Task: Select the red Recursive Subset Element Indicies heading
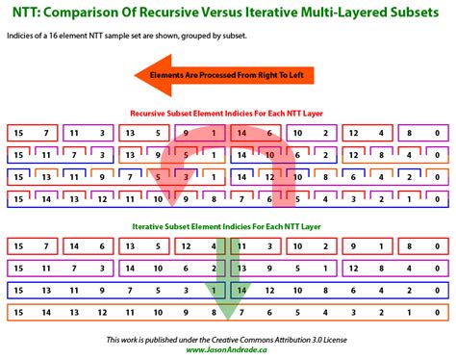(x=228, y=114)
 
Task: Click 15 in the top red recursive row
(x=17, y=133)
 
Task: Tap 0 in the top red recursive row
(x=437, y=133)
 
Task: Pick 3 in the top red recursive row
(x=101, y=133)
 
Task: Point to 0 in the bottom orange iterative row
(x=437, y=311)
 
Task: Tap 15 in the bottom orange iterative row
(x=17, y=311)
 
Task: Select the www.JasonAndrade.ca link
(x=228, y=350)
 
